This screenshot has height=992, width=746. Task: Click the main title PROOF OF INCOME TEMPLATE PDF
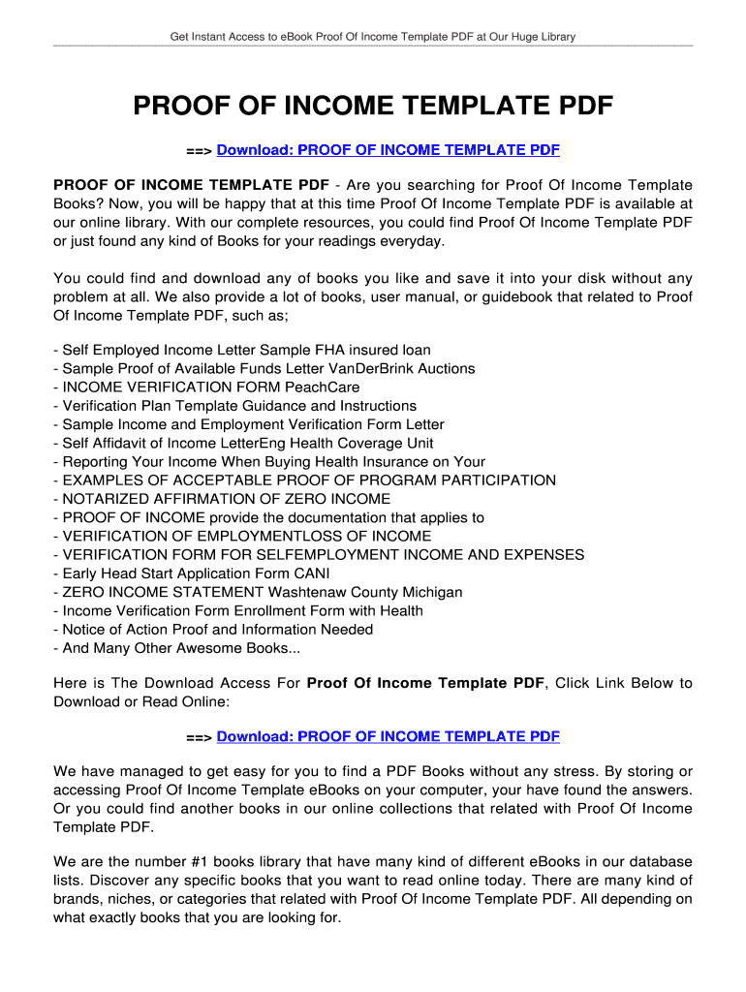(x=373, y=106)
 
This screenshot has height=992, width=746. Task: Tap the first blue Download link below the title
(x=389, y=150)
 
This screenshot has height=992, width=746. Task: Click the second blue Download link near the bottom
(x=389, y=737)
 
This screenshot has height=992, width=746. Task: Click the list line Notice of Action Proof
(x=213, y=630)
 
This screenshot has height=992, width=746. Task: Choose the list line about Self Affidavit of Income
(x=250, y=444)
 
